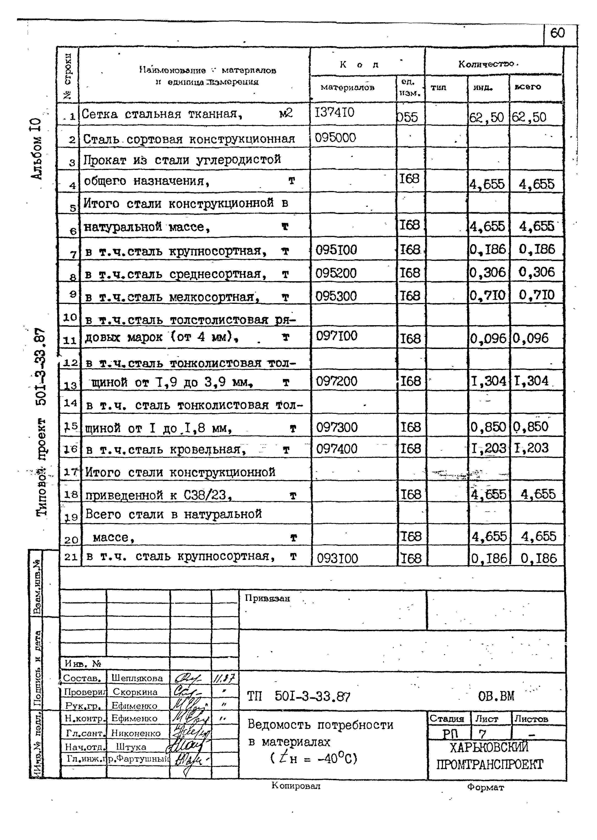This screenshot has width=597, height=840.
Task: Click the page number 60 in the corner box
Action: [x=557, y=33]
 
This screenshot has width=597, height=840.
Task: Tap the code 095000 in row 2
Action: [x=335, y=138]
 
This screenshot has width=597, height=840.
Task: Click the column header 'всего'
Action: [x=528, y=87]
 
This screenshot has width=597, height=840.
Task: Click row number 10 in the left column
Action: [x=69, y=317]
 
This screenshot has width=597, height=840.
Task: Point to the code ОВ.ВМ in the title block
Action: [x=496, y=696]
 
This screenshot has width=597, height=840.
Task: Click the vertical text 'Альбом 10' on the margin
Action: [x=37, y=149]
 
